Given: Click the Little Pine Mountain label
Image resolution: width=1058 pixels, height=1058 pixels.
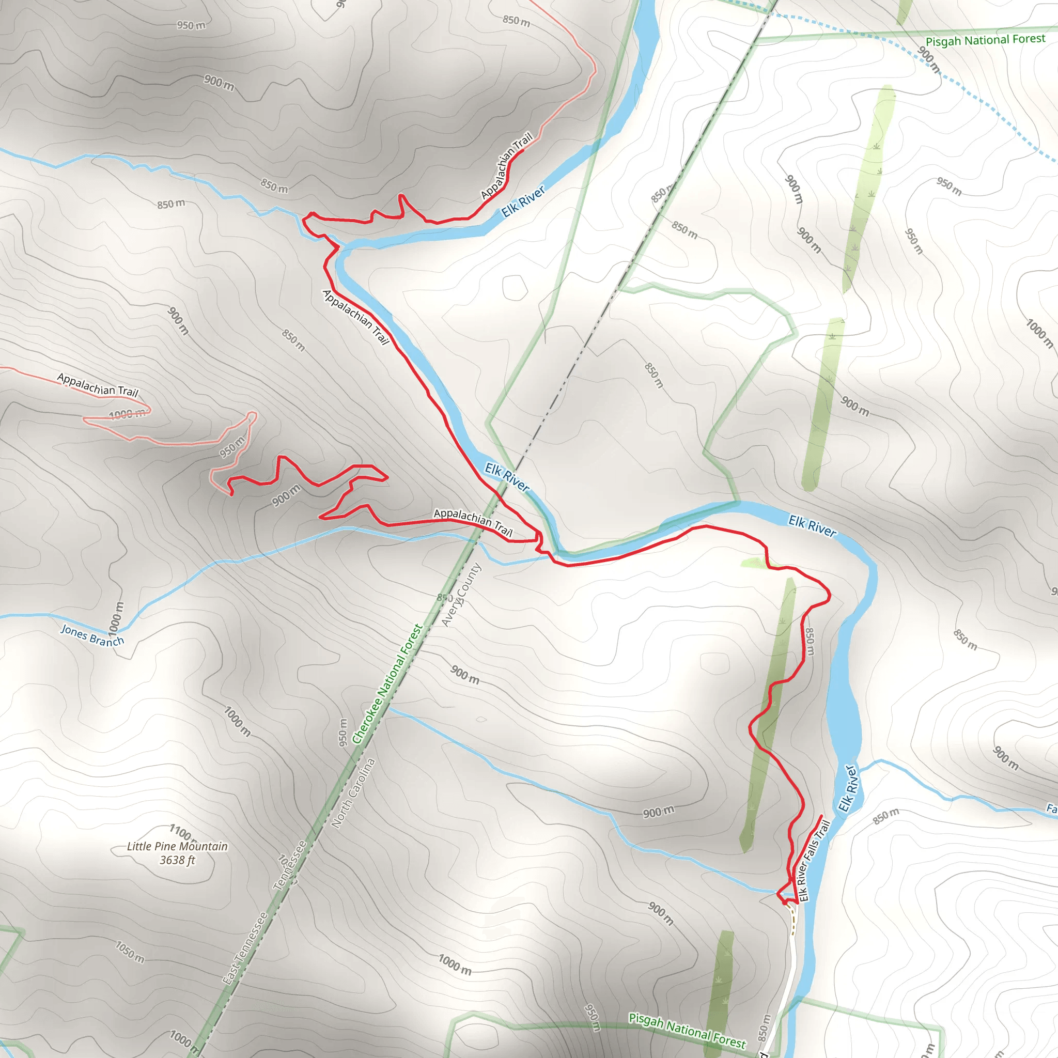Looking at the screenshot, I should pyautogui.click(x=177, y=846).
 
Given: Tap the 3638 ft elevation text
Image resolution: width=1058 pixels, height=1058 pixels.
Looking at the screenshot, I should pyautogui.click(x=177, y=860).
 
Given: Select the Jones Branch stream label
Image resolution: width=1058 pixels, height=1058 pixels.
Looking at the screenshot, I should pyautogui.click(x=92, y=635).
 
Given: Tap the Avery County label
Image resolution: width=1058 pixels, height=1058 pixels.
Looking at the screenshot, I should pyautogui.click(x=461, y=595).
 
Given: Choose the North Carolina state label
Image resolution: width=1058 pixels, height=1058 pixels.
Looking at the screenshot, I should pyautogui.click(x=353, y=792).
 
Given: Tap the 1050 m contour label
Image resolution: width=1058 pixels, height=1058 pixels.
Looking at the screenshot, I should pyautogui.click(x=130, y=952).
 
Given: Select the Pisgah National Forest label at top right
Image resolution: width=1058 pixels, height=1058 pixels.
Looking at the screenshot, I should pyautogui.click(x=985, y=40).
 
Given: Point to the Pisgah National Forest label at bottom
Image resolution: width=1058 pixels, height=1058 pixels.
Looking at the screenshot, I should pyautogui.click(x=687, y=1031).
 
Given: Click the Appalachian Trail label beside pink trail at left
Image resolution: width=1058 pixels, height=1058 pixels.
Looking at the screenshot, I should pyautogui.click(x=98, y=385).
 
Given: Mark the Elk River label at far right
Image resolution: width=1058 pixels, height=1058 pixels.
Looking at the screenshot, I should pyautogui.click(x=812, y=526).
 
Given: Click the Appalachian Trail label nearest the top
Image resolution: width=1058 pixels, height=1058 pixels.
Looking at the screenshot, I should pyautogui.click(x=507, y=166).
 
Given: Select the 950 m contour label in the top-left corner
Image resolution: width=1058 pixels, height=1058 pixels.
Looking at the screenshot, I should pyautogui.click(x=191, y=25).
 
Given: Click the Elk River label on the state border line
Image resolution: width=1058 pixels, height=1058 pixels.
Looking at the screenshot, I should pyautogui.click(x=507, y=477).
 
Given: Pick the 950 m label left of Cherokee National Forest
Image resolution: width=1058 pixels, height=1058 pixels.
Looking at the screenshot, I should pyautogui.click(x=344, y=732).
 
